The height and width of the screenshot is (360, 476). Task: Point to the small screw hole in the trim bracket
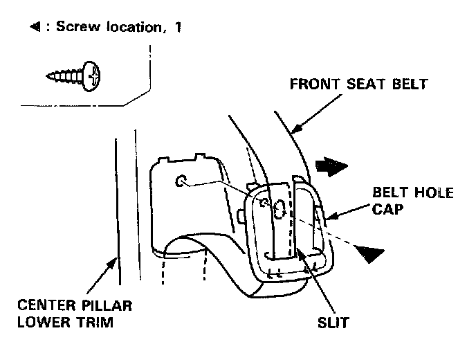(181, 182)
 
